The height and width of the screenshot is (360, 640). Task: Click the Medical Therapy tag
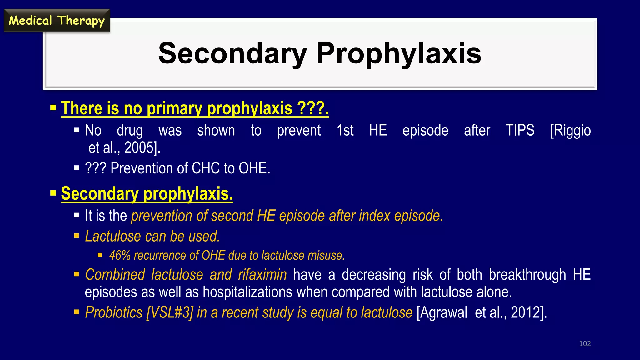pyautogui.click(x=57, y=21)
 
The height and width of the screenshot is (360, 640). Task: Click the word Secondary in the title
pyautogui.click(x=232, y=53)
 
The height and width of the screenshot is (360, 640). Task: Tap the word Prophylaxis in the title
pyautogui.click(x=399, y=53)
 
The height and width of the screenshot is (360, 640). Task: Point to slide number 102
pyautogui.click(x=585, y=344)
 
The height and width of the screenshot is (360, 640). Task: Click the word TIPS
pyautogui.click(x=520, y=130)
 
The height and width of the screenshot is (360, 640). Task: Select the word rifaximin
pyautogui.click(x=262, y=275)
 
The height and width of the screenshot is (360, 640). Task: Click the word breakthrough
pyautogui.click(x=527, y=275)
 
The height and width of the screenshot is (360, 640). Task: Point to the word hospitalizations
pyautogui.click(x=247, y=292)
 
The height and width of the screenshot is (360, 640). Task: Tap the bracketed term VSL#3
pyautogui.click(x=170, y=312)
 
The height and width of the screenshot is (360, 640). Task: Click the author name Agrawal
pyautogui.click(x=442, y=312)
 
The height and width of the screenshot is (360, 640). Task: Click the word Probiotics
pyautogui.click(x=114, y=312)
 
